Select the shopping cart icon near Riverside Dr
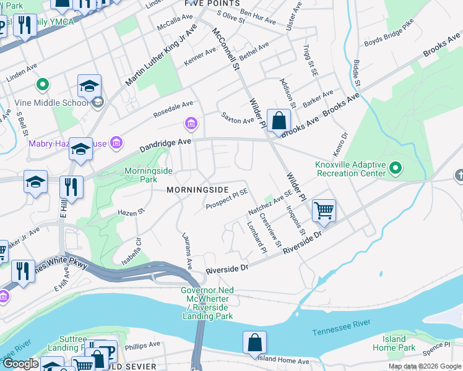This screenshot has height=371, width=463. tap(324, 211)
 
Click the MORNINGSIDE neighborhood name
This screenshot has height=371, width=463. tap(197, 190)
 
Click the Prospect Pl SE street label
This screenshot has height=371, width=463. tap(227, 197)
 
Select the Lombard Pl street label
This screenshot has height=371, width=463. tap(259, 237)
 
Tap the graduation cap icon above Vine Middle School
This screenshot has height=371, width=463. tap(89, 86)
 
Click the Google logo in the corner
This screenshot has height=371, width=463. tap(20, 364)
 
